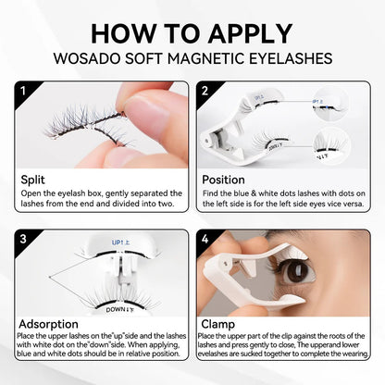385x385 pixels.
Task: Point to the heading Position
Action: [225, 180]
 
